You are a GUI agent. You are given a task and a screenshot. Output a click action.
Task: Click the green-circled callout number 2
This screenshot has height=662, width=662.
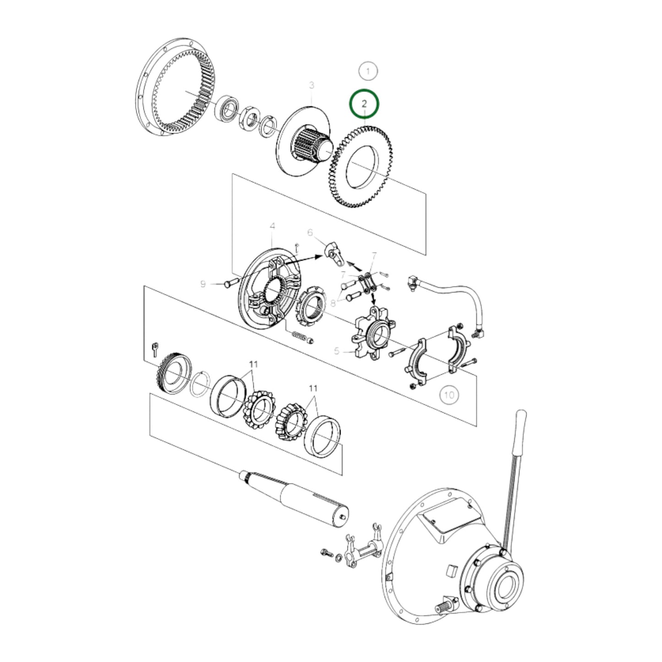pyautogui.click(x=364, y=104)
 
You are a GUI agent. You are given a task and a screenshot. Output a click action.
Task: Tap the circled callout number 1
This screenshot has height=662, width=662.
pyautogui.click(x=367, y=71)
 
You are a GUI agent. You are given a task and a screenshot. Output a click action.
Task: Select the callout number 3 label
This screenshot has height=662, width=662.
pyautogui.click(x=312, y=85)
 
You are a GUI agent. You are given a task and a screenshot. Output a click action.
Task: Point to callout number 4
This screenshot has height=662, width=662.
pyautogui.click(x=273, y=226)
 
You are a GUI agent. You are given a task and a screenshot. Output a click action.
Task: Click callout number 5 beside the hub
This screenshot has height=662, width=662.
pyautogui.click(x=337, y=351)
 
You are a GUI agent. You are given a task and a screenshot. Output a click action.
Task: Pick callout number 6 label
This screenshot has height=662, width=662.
pyautogui.click(x=310, y=233)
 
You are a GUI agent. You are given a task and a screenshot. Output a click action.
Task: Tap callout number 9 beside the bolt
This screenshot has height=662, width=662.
pyautogui.click(x=203, y=284)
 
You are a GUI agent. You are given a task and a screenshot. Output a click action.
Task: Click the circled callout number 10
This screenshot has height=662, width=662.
pyautogui.click(x=449, y=394)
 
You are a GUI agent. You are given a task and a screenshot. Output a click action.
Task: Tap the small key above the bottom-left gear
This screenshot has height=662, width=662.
pyautogui.click(x=154, y=349)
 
